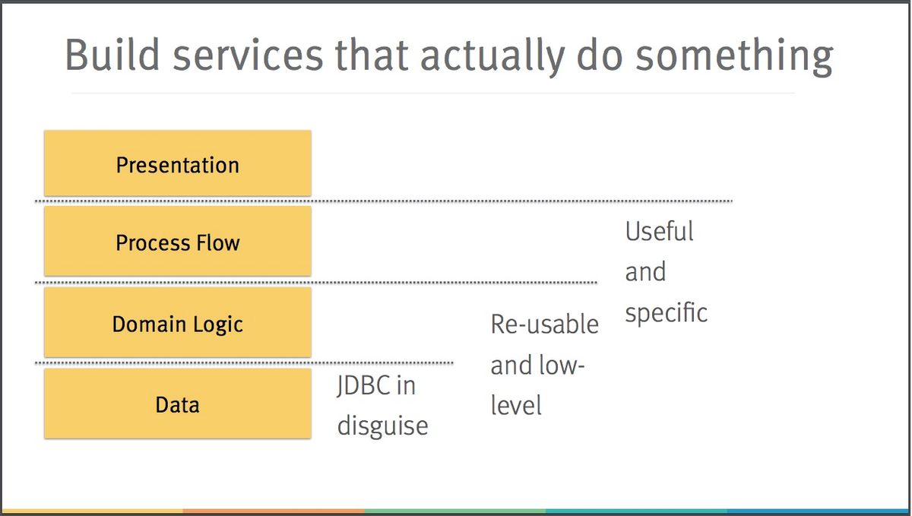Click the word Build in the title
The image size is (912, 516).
tap(112, 55)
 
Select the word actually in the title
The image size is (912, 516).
tap(492, 57)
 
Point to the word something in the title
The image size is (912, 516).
tap(734, 57)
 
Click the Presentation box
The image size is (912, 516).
tap(178, 163)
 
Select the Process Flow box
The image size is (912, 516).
tap(178, 241)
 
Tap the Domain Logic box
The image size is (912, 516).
tap(178, 322)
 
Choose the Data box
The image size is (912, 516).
tap(178, 404)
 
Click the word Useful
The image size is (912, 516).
tap(659, 231)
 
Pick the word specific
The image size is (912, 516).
tap(666, 314)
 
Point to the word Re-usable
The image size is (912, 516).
tap(544, 324)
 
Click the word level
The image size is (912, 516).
tap(516, 405)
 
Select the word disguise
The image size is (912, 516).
tap(382, 427)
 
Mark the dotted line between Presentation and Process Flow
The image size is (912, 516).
tap(384, 201)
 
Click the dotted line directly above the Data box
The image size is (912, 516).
tap(244, 362)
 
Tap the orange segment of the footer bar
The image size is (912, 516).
tap(274, 511)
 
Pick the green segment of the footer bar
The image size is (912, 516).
tap(455, 511)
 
